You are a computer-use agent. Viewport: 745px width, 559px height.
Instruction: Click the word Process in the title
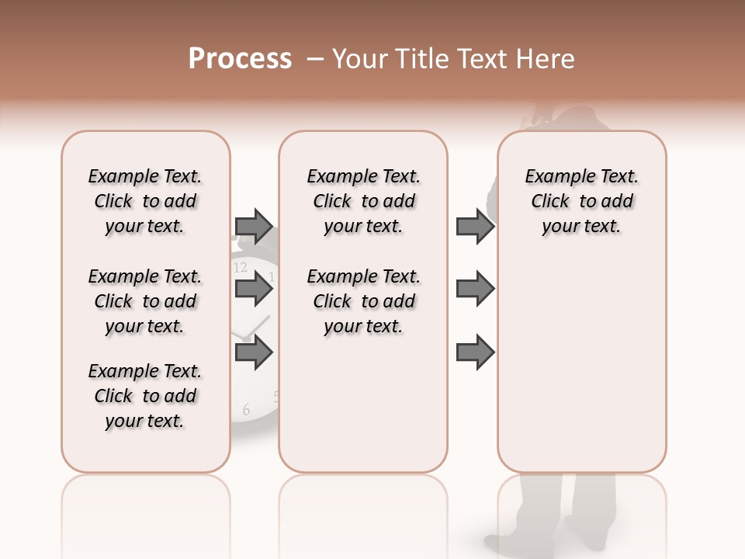click(x=240, y=59)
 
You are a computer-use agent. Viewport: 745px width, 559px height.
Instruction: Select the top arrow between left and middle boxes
click(x=254, y=227)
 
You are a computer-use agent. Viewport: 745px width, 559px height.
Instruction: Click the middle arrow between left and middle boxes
click(x=254, y=289)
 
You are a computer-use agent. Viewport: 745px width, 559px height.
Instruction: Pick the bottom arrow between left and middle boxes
click(x=254, y=353)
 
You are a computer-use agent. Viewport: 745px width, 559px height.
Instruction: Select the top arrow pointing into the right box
click(x=475, y=227)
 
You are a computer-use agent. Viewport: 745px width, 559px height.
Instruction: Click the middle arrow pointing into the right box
click(x=475, y=289)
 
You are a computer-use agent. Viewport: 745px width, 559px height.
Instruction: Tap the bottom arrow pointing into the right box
click(x=475, y=353)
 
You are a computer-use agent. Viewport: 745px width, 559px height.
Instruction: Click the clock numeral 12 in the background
click(x=241, y=268)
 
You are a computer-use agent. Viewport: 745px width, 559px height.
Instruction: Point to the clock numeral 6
click(x=246, y=410)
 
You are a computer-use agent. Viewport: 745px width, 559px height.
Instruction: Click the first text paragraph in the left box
click(x=145, y=201)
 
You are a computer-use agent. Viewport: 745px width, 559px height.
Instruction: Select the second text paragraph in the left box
click(x=145, y=301)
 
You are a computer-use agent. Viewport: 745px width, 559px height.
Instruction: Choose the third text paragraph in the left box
click(x=145, y=396)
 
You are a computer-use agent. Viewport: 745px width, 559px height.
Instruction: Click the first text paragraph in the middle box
click(x=363, y=201)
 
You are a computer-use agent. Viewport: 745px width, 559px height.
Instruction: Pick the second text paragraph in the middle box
click(x=363, y=301)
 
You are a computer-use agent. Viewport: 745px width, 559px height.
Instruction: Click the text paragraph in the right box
click(x=581, y=201)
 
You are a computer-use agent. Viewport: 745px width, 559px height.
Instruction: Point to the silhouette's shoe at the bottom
click(x=504, y=540)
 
